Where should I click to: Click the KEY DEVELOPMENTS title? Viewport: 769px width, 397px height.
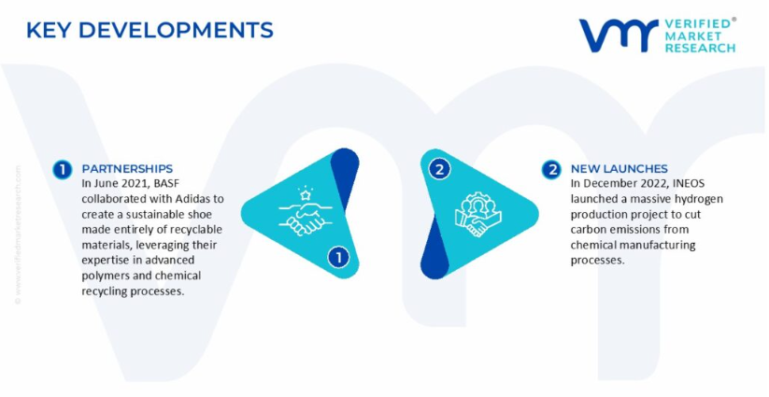pos(150,30)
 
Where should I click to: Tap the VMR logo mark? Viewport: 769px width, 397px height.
pos(618,35)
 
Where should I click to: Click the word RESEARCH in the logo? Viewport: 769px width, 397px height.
pos(700,48)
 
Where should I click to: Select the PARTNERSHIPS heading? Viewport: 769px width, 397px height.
pos(127,169)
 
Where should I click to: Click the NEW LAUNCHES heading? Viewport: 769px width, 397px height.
pos(619,169)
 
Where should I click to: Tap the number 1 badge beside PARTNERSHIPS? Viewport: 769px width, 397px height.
pos(63,170)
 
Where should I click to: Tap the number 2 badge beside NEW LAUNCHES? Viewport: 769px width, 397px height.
pos(551,170)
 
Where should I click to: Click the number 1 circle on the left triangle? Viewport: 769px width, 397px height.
pos(338,257)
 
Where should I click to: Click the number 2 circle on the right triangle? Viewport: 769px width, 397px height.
pos(439,170)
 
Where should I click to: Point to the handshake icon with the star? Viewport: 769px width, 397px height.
pos(305,211)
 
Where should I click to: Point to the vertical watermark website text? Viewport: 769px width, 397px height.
pos(18,234)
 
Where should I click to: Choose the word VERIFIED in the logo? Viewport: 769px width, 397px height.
pos(697,24)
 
